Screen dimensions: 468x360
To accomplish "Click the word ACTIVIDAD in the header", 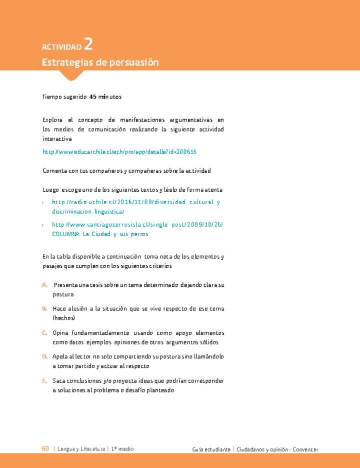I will [61, 47].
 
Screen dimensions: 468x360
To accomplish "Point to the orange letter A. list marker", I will [45, 285].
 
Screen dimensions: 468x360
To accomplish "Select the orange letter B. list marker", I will [45, 309].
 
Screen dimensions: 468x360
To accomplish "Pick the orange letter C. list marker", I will [45, 333].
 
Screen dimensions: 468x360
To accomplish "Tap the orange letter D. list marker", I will [45, 357].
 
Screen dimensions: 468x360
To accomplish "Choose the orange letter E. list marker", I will [45, 381].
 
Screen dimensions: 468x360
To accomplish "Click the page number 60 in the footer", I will [45, 449].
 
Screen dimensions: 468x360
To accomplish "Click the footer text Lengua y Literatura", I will [81, 449].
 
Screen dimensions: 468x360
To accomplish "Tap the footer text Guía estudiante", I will [211, 449].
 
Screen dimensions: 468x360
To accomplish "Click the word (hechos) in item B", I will [63, 318].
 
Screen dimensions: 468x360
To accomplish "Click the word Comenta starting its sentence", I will [54, 171].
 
